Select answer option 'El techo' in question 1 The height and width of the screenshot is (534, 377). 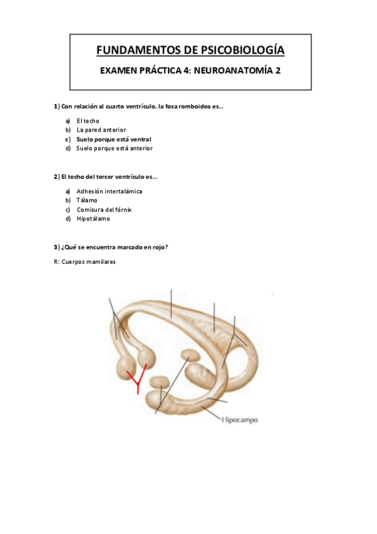pyautogui.click(x=87, y=120)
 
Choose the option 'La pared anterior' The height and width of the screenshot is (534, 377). pyautogui.click(x=101, y=130)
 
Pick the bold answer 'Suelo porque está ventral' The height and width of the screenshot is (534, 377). pyautogui.click(x=113, y=139)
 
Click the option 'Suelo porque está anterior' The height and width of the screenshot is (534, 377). pyautogui.click(x=114, y=149)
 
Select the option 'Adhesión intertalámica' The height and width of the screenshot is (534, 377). pyautogui.click(x=109, y=191)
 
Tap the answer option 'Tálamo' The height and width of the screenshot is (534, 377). pyautogui.click(x=87, y=200)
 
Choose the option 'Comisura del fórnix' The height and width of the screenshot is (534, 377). pyautogui.click(x=104, y=210)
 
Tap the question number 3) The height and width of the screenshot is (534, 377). pyautogui.click(x=57, y=247)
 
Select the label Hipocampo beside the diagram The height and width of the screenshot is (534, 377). pyautogui.click(x=239, y=419)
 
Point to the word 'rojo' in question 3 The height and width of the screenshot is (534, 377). pyautogui.click(x=159, y=247)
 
